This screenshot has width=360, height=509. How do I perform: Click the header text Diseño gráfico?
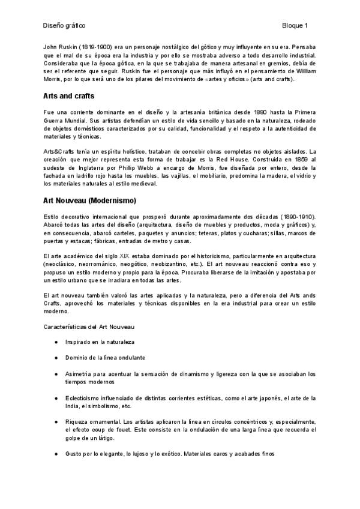tap(64, 26)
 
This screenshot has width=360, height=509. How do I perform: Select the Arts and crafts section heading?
tap(68, 96)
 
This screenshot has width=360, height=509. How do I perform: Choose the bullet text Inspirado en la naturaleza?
tap(100, 342)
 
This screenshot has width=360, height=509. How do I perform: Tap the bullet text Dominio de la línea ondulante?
tap(105, 358)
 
